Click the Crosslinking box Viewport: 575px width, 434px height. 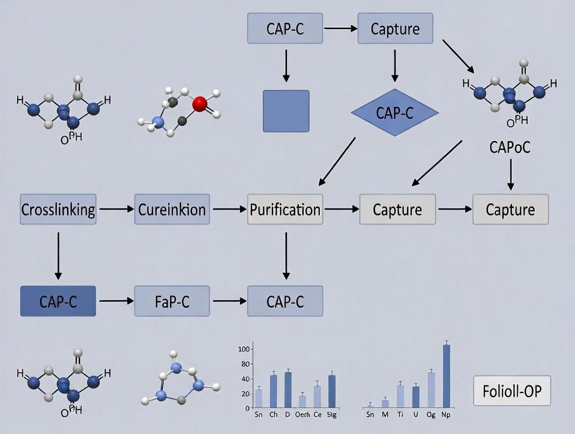[x=58, y=209]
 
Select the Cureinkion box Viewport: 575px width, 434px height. [x=172, y=209]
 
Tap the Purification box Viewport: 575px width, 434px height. [x=285, y=209]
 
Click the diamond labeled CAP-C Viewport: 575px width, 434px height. [x=395, y=112]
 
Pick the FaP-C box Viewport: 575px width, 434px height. [x=172, y=301]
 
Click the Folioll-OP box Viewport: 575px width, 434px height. [x=511, y=391]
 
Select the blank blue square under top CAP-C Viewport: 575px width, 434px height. [x=286, y=111]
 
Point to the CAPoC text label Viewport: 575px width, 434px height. [x=510, y=148]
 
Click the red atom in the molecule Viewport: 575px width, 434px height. [x=199, y=104]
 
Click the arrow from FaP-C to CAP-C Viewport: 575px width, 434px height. [x=229, y=301]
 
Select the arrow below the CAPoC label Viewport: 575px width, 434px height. [x=510, y=174]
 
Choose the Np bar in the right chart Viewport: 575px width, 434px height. [x=446, y=376]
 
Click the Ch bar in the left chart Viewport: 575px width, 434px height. [x=273, y=391]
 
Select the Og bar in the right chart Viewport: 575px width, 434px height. [x=431, y=389]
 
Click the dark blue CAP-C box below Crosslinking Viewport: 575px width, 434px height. [x=58, y=301]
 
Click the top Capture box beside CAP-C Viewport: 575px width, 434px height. [x=395, y=29]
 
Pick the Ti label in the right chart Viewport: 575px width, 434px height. [x=400, y=415]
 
